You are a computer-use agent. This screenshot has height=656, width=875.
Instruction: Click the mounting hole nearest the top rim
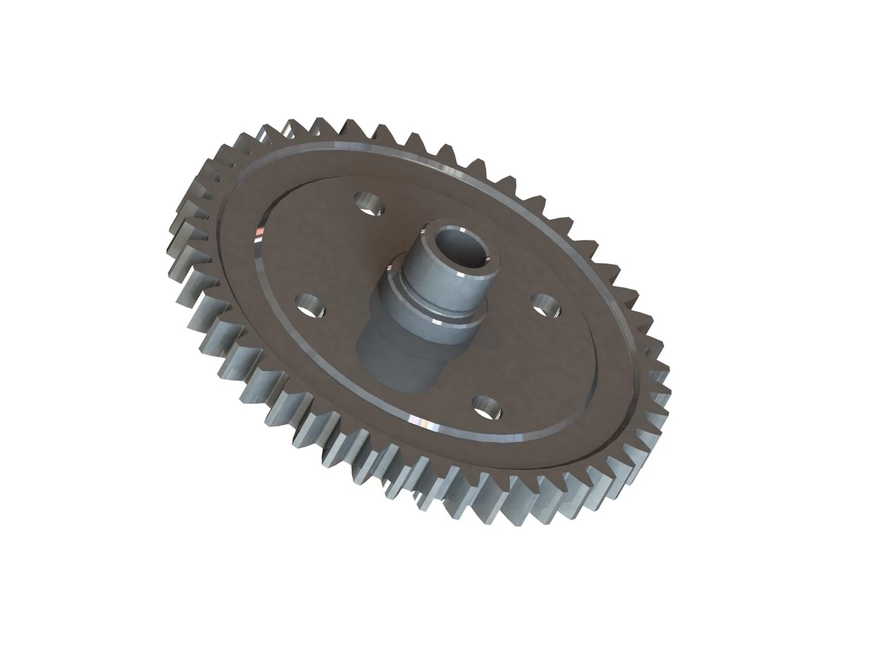[x=370, y=204]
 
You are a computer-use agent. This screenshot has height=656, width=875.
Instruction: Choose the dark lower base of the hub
[x=397, y=357]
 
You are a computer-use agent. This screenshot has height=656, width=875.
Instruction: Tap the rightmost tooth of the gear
[x=660, y=379]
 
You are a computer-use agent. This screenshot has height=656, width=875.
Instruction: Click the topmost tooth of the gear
[x=292, y=124]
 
